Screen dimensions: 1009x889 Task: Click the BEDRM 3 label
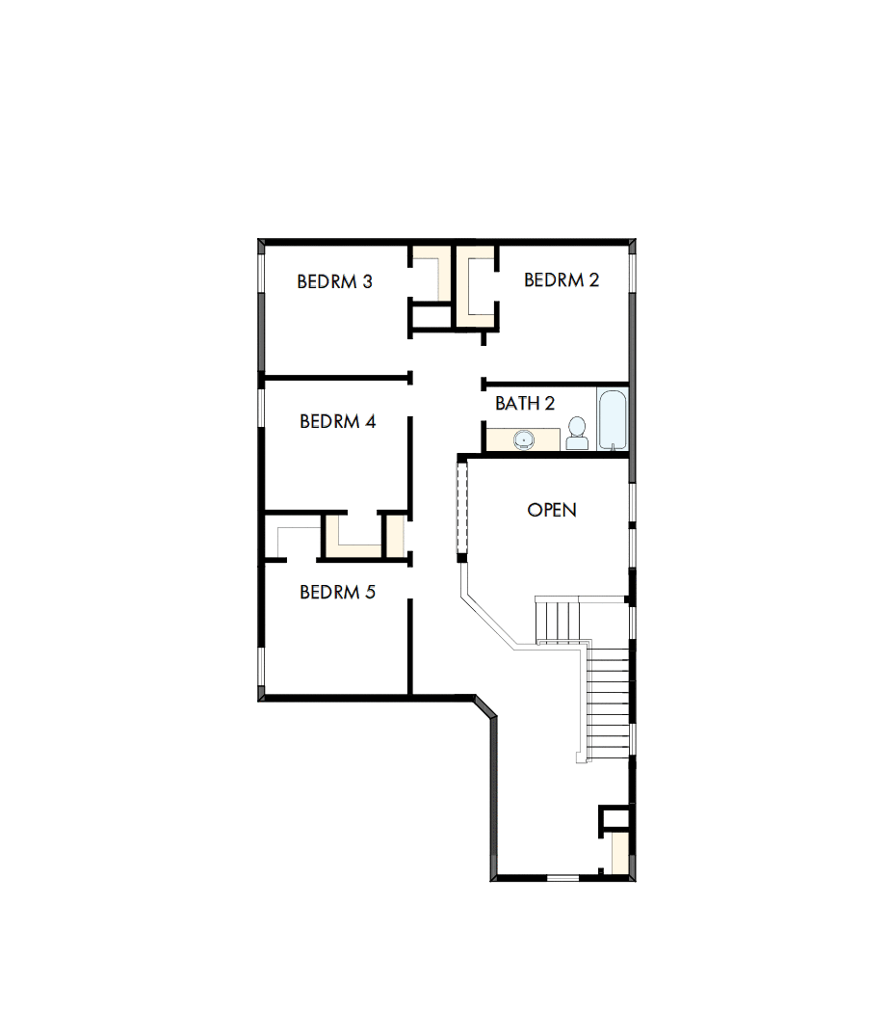pyautogui.click(x=334, y=281)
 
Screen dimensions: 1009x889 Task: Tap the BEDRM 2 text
pyautogui.click(x=562, y=279)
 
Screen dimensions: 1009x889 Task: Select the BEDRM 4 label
pyautogui.click(x=337, y=421)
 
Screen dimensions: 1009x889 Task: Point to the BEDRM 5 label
pyautogui.click(x=337, y=592)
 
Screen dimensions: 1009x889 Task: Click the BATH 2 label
pyautogui.click(x=525, y=403)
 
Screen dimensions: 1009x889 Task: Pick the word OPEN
pyautogui.click(x=552, y=509)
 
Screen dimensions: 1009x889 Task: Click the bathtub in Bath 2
pyautogui.click(x=613, y=419)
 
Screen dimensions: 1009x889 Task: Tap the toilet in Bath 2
pyautogui.click(x=577, y=434)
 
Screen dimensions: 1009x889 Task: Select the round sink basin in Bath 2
pyautogui.click(x=523, y=439)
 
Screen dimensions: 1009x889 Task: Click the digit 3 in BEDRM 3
pyautogui.click(x=367, y=281)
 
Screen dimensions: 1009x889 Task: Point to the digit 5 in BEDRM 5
pyautogui.click(x=370, y=592)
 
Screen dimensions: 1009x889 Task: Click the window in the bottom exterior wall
pyautogui.click(x=562, y=878)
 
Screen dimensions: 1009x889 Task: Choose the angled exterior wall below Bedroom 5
pyautogui.click(x=484, y=708)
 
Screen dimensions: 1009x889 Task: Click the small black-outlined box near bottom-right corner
pyautogui.click(x=614, y=817)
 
